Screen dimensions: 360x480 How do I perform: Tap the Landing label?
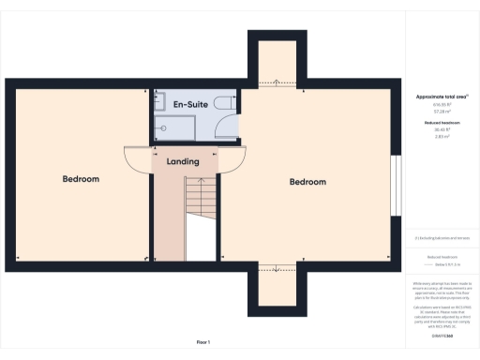point(183,161)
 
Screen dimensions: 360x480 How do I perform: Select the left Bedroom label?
point(81,178)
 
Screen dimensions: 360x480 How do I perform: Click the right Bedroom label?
point(307,181)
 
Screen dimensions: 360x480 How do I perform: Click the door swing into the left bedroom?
point(139,159)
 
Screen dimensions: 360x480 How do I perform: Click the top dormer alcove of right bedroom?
point(277,63)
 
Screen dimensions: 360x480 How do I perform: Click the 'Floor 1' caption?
point(202,341)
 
